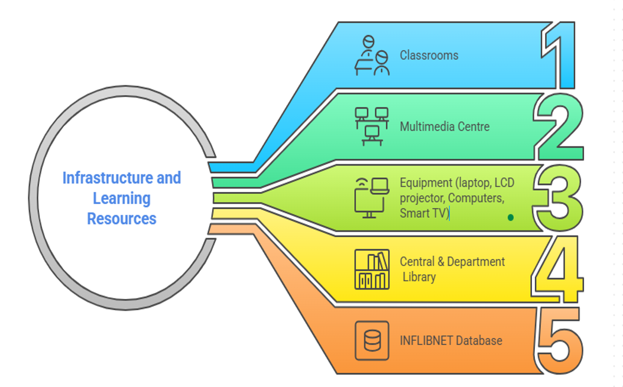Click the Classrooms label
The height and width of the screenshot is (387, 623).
pos(429,55)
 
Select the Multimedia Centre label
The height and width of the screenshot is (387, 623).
pos(444,126)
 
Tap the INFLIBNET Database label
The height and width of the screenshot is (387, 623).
pos(451,340)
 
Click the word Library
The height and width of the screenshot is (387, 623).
pos(419,277)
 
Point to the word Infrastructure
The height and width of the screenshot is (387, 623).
pos(108,178)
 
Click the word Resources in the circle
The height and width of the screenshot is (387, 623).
pos(122,219)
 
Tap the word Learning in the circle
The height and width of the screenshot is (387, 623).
pos(122,199)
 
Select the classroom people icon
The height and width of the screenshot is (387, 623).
pos(372,55)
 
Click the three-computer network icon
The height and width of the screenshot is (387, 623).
pos(372,126)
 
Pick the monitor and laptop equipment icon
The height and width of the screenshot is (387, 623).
pos(372,198)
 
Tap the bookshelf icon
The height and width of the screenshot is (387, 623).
pos(372,269)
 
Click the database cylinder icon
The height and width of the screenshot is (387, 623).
pos(372,340)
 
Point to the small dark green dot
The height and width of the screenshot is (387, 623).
pos(511,217)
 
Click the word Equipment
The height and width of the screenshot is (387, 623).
pos(426,183)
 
